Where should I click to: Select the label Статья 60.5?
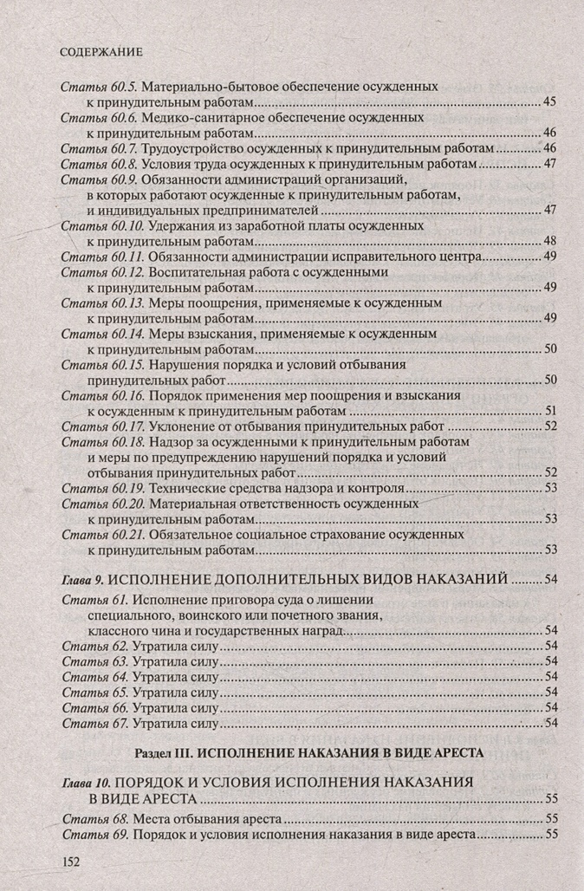pos(99,88)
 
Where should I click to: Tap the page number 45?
pos(548,102)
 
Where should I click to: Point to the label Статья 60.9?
pos(99,179)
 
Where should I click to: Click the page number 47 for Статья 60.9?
pos(548,210)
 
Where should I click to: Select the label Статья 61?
pos(94,601)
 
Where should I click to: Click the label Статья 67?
pos(95,723)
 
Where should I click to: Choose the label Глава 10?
pos(85,782)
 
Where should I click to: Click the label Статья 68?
pos(95,818)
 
